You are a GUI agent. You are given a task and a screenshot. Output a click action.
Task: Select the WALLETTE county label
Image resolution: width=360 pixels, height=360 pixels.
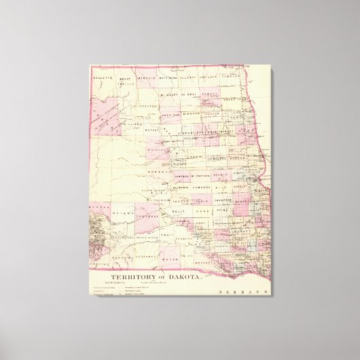pos(103,78)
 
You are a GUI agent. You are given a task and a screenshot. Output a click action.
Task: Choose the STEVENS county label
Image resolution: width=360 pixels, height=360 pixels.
pos(149,107)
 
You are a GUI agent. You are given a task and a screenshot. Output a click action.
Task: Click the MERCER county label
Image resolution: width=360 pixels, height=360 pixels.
pos(151,128)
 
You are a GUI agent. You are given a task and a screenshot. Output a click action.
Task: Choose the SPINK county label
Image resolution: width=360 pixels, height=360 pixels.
pos(222,213)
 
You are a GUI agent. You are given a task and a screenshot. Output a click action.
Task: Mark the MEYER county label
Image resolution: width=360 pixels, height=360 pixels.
pos(170,259)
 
